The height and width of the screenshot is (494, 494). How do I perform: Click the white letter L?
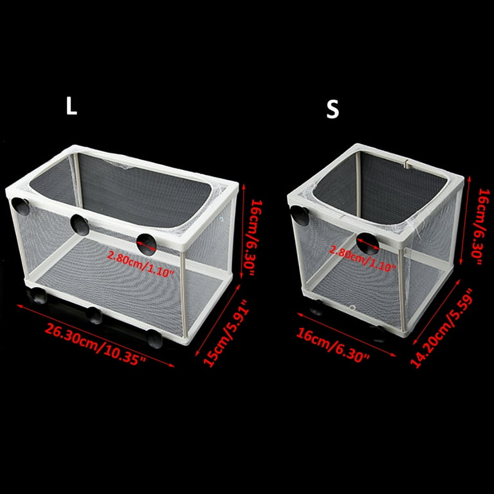click(71, 106)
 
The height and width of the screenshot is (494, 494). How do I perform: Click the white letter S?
click(333, 109)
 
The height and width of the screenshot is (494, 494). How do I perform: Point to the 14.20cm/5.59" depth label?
click(441, 328)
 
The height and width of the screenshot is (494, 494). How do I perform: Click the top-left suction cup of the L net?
click(21, 206)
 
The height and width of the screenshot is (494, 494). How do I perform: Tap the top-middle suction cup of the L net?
click(80, 225)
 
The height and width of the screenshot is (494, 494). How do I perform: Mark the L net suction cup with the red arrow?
click(147, 244)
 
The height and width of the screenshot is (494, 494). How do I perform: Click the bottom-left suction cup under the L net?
click(37, 295)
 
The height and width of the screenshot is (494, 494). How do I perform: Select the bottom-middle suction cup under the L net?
click(95, 315)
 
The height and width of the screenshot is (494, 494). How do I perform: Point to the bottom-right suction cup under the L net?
click(154, 339)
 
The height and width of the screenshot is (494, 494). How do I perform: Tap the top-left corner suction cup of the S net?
click(299, 215)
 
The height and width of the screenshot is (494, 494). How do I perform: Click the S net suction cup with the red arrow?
click(368, 244)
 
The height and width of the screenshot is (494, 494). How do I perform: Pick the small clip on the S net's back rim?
click(407, 164)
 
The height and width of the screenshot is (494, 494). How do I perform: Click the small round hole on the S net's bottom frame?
click(352, 307)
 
